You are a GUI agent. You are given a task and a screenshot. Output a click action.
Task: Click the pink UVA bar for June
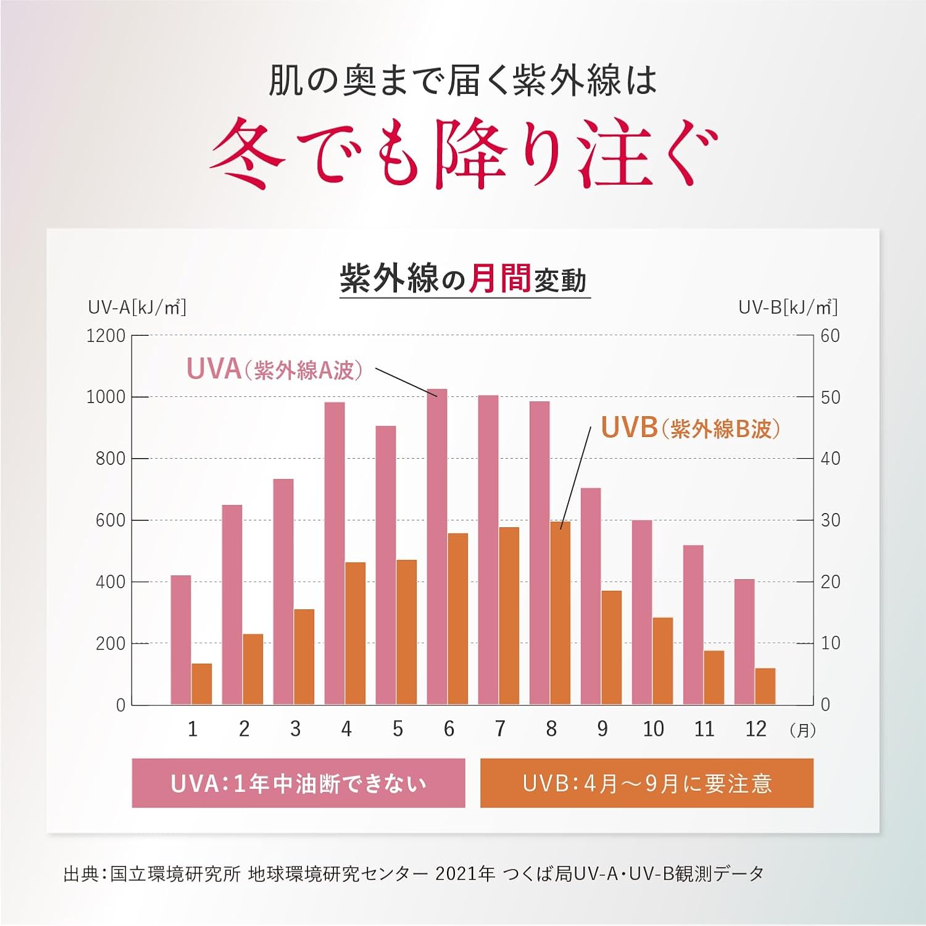pos(437,546)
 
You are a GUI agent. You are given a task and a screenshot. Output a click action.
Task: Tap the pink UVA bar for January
pos(181,640)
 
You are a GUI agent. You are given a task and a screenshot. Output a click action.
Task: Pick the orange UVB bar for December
pos(765,686)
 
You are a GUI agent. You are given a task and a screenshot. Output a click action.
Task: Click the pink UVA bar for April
pos(335,553)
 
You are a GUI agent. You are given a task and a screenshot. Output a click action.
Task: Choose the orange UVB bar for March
pos(304,657)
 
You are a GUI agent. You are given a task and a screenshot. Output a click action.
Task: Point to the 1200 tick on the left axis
pos(106,336)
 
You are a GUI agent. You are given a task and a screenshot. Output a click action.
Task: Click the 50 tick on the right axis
pos(830,397)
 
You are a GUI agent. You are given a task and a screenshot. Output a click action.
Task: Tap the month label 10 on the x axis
pos(653,729)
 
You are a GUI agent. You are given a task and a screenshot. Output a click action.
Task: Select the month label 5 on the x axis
pos(398,729)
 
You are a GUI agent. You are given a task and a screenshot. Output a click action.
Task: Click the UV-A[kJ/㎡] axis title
pos(137,307)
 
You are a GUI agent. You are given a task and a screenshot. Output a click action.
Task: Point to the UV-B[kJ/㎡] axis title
pos(788,307)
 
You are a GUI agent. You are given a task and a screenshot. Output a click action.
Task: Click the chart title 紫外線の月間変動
pos(463,279)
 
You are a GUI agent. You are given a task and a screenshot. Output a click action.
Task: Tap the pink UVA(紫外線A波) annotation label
pos(274,369)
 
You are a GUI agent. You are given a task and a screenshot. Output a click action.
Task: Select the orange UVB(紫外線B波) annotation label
pos(690,428)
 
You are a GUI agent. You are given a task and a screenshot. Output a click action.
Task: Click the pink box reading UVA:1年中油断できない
pos(298,783)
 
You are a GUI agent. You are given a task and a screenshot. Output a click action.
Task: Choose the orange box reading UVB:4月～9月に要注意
pos(646,783)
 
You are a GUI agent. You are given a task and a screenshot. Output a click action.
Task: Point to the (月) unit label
pos(803,730)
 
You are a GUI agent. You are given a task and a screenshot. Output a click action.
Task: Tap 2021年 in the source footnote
pos(465,874)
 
